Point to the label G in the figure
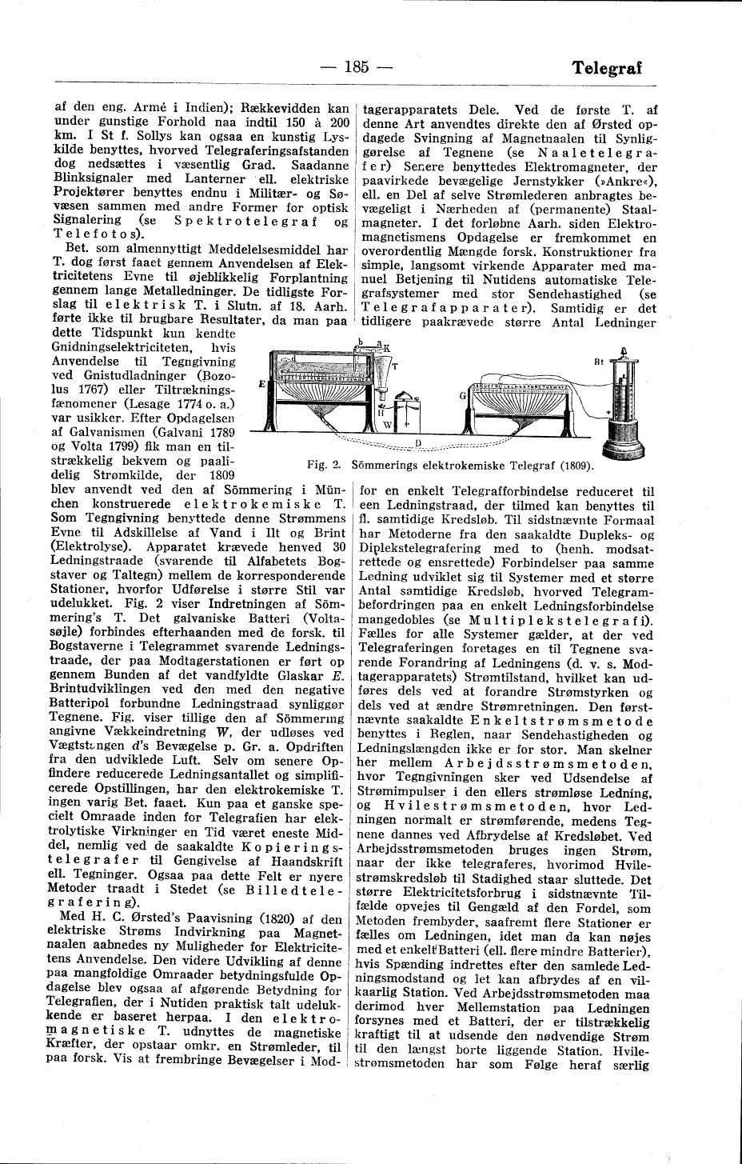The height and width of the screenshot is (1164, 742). pos(462,394)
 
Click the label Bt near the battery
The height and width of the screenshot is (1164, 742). pos(596,361)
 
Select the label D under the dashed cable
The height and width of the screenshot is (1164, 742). pos(419,442)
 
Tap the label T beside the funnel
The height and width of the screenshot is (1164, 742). pos(393,365)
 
